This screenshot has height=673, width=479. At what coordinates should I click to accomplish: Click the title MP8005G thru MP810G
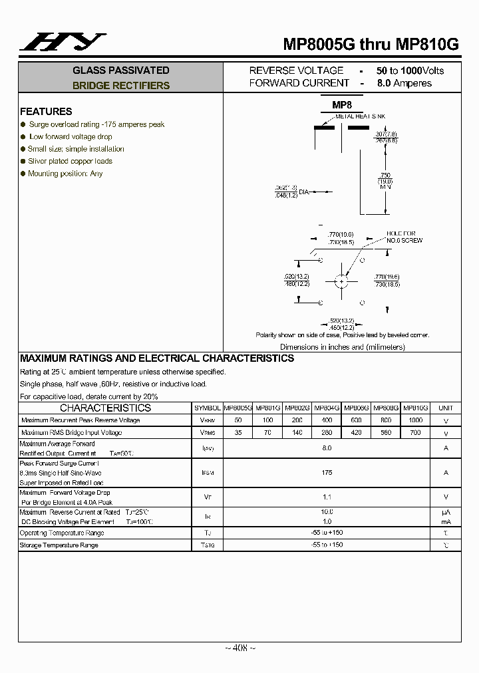pyautogui.click(x=371, y=45)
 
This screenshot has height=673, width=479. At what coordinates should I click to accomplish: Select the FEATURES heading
pyautogui.click(x=46, y=112)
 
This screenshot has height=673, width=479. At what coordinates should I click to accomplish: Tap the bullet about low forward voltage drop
pyautogui.click(x=70, y=136)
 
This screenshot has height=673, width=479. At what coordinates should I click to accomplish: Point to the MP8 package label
pyautogui.click(x=342, y=105)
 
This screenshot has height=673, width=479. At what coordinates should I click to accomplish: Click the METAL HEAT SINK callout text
pyautogui.click(x=360, y=116)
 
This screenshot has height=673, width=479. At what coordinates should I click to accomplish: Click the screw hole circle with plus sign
pyautogui.click(x=342, y=281)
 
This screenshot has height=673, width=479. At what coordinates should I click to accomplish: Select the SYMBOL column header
pyautogui.click(x=207, y=408)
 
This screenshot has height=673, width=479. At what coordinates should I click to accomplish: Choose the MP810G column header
pyautogui.click(x=415, y=408)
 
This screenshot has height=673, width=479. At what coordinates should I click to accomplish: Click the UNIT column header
pyautogui.click(x=446, y=408)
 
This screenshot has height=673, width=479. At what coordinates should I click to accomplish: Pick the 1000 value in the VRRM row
pyautogui.click(x=415, y=420)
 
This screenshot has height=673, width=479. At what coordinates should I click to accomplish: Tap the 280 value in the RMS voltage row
pyautogui.click(x=327, y=433)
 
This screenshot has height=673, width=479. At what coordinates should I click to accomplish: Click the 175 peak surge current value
pyautogui.click(x=327, y=472)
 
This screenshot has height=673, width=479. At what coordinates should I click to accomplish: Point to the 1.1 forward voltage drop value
pyautogui.click(x=327, y=496)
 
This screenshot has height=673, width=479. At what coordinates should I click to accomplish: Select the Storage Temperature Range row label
pyautogui.click(x=59, y=545)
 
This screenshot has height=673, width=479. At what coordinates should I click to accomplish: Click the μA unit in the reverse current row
pyautogui.click(x=446, y=512)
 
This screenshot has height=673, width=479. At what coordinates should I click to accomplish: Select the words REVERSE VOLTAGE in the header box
pyautogui.click(x=296, y=70)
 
